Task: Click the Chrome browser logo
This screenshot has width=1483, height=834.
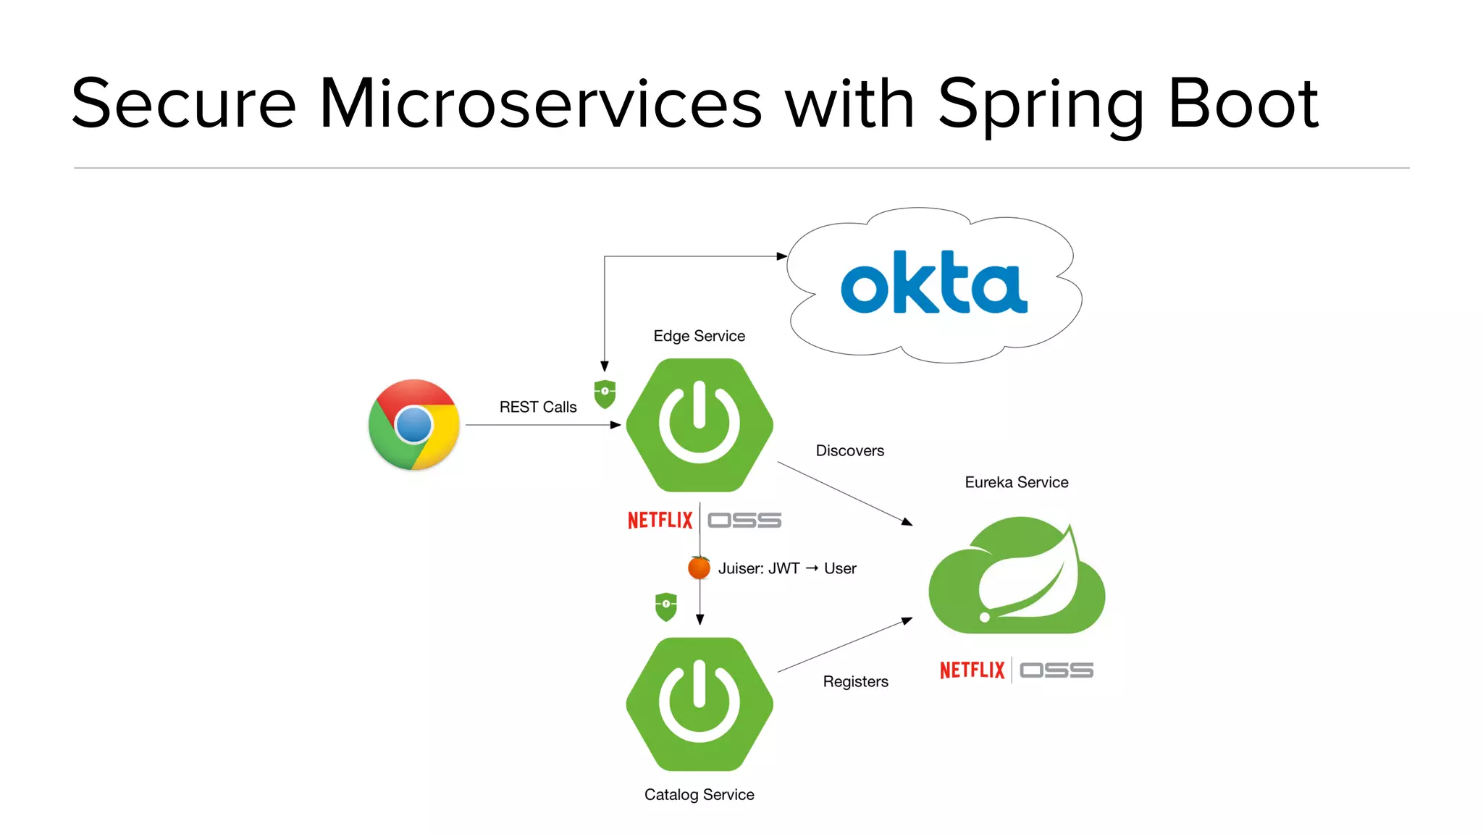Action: point(414,425)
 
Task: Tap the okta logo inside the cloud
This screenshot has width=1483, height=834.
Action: point(933,283)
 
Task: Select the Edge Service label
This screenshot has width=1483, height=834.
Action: point(699,336)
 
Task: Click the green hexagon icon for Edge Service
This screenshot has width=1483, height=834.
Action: point(700,425)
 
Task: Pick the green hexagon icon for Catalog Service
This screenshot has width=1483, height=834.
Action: point(700,704)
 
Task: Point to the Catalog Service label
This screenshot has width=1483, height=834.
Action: point(699,794)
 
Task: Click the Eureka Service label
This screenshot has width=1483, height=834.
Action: point(1016,482)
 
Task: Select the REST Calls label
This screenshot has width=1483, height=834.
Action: point(538,407)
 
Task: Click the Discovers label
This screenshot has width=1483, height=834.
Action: point(849,450)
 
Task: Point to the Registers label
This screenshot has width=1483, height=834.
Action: point(855,681)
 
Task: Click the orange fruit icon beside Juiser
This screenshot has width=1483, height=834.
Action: point(699,568)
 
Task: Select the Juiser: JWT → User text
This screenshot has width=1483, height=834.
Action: point(787,568)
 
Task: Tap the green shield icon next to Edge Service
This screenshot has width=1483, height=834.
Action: point(605,394)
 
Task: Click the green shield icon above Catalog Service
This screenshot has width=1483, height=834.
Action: point(666,607)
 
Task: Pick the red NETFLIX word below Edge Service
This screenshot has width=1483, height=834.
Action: point(660,520)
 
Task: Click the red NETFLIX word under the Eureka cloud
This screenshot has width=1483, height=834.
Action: point(972,670)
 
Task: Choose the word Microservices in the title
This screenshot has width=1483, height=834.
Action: point(540,104)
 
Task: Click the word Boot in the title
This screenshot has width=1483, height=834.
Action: point(1243,104)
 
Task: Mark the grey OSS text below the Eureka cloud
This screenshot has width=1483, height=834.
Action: point(1056,670)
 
